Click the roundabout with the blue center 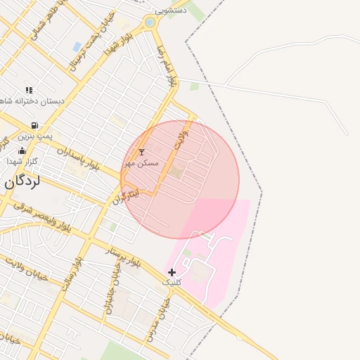click(150, 22)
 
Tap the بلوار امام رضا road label click(165, 66)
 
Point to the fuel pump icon click(34, 125)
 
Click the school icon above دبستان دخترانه click(29, 90)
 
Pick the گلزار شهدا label click(22, 161)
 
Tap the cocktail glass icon click(141, 152)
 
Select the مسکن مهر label click(141, 162)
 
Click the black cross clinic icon click(172, 271)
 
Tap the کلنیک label click(172, 282)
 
